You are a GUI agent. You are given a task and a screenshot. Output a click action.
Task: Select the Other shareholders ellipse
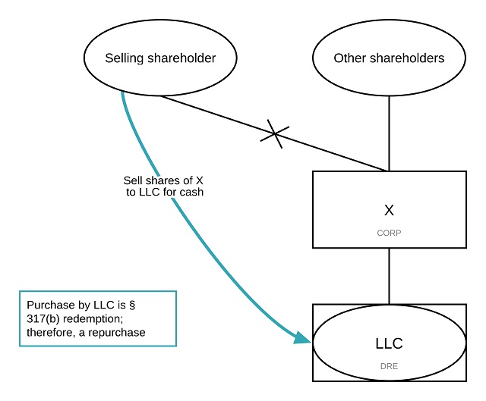coord(389,58)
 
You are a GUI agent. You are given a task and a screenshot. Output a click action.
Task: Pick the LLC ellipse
coord(389,343)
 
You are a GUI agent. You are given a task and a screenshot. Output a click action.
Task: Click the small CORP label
coord(389,233)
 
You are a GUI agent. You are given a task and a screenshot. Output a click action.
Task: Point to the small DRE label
coord(389,365)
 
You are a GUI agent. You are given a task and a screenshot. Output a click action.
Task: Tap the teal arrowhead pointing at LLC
coord(302,337)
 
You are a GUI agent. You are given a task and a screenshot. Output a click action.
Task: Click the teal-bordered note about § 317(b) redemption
coord(97,318)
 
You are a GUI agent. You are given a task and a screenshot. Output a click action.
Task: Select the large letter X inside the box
coord(389,209)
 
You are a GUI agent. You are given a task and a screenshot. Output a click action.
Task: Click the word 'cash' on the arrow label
coord(191,193)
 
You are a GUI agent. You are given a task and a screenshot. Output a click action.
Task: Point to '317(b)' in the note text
coord(43,318)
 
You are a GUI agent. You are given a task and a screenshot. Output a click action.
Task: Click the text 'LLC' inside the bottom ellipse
coord(389,343)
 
